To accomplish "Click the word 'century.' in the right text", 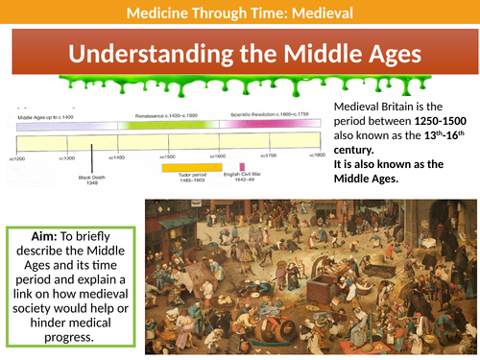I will (x=355, y=158).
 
